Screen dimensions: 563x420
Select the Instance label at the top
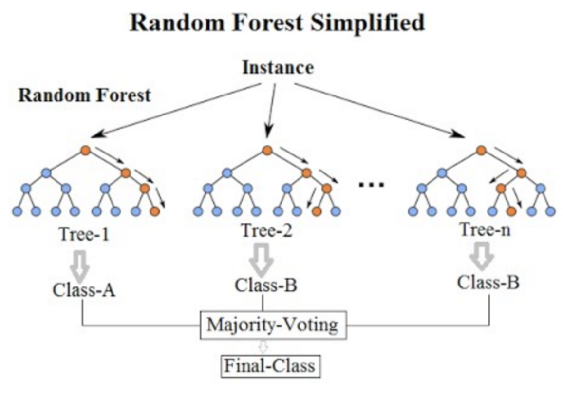[278, 68]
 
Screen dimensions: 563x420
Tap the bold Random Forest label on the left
[84, 95]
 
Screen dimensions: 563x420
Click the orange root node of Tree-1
[85, 150]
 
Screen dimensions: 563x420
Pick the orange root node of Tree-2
[267, 150]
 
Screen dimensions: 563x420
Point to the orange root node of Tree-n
[481, 150]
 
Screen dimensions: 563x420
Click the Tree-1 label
[84, 234]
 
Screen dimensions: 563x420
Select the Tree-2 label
[267, 230]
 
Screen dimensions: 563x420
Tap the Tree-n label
[485, 229]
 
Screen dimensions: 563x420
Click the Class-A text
[84, 290]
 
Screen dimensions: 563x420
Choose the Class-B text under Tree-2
[266, 285]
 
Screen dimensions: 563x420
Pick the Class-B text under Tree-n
[488, 282]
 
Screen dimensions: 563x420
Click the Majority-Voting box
[273, 325]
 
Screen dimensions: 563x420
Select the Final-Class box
[270, 366]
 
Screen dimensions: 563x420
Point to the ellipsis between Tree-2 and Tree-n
[372, 185]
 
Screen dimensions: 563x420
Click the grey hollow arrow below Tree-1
[80, 266]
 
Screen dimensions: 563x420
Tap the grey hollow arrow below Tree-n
[482, 256]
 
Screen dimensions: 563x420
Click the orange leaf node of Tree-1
[155, 211]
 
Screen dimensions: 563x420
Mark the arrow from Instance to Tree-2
[271, 111]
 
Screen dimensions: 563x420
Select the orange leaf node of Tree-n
[511, 211]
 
